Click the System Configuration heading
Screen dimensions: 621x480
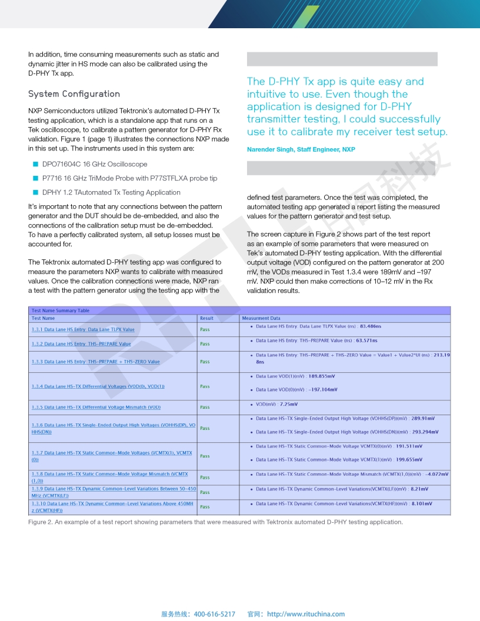tap(74, 94)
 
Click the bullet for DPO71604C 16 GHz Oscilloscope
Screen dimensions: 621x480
tap(35, 164)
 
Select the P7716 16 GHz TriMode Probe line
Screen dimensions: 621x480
tap(129, 178)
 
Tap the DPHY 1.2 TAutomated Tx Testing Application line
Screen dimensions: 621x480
tap(111, 192)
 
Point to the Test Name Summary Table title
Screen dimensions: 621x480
tap(61, 310)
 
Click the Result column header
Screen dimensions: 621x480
tap(206, 318)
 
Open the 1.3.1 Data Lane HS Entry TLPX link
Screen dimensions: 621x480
tap(83, 329)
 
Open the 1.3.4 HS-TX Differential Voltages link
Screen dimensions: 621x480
tap(98, 386)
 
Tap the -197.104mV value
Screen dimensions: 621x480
tap(323, 389)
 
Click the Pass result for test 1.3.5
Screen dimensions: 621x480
tap(205, 407)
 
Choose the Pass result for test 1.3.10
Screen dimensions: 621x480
tap(205, 507)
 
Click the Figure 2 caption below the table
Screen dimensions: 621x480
tap(215, 522)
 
